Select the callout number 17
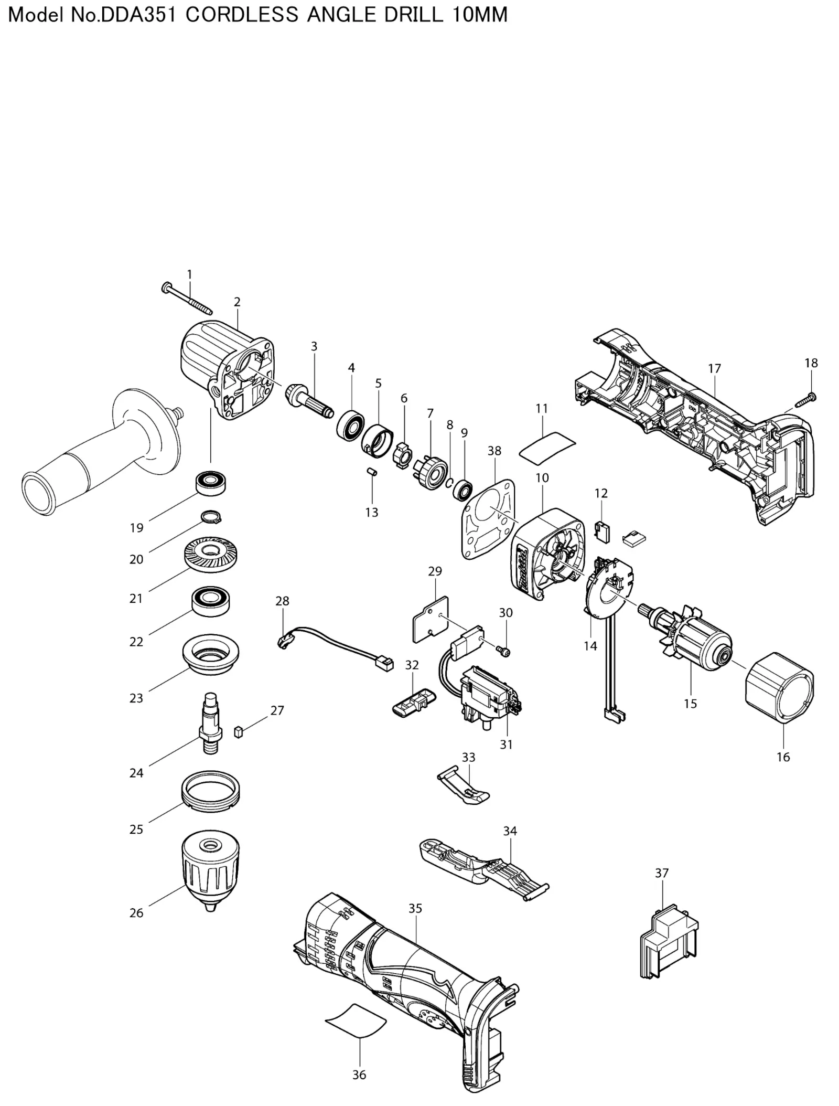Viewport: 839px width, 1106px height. (714, 369)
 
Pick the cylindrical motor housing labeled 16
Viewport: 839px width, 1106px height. (780, 688)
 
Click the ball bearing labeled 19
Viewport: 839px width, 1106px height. (211, 483)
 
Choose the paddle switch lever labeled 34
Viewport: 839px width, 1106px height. (484, 871)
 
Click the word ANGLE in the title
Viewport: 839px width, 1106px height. (341, 15)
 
